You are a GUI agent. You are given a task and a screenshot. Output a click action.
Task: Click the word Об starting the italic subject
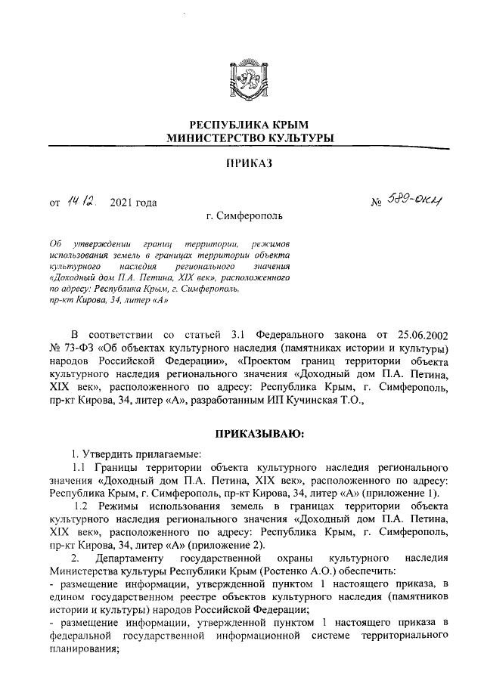click(54, 245)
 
